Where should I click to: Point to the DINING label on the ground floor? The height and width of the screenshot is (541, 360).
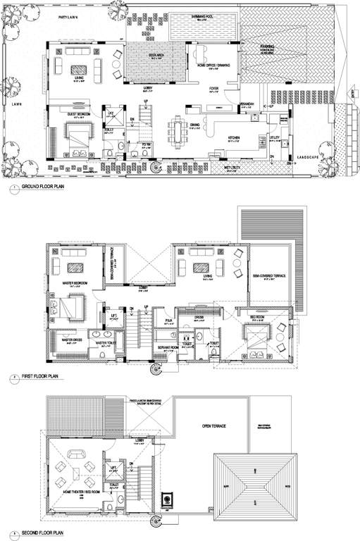click(194, 125)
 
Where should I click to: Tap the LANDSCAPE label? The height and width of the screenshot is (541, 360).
click(308, 156)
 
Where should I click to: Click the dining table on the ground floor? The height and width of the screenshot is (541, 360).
click(177, 130)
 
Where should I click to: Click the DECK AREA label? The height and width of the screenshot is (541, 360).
click(156, 54)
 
